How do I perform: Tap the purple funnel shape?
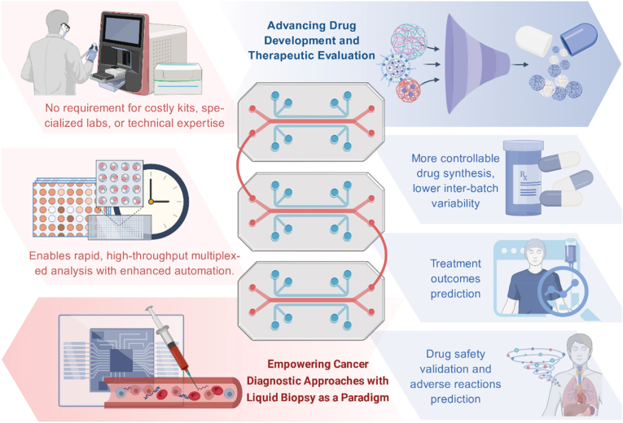[x=475, y=64]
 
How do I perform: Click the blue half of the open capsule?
[x=579, y=37]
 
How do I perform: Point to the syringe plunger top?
[x=149, y=308]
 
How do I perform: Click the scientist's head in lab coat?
[x=58, y=24]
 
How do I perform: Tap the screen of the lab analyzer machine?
[x=122, y=31]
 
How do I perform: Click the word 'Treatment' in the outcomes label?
[x=456, y=264]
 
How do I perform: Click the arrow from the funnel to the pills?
[x=520, y=64]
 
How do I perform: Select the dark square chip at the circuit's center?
[x=121, y=360]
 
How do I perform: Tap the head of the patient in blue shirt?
[x=533, y=252]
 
